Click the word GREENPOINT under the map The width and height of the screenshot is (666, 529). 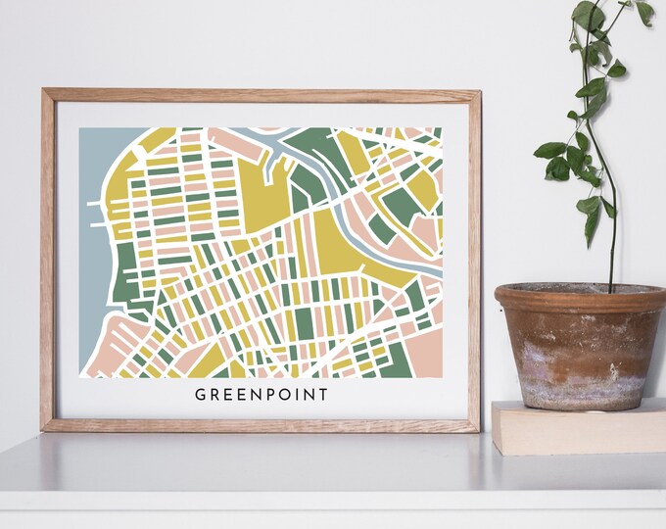(262, 395)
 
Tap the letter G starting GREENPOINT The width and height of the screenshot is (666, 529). (201, 395)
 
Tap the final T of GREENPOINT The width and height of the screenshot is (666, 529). (322, 395)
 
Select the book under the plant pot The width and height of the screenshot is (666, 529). (578, 429)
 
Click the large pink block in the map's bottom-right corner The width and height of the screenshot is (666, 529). (423, 353)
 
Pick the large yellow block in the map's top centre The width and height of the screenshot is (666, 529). (262, 186)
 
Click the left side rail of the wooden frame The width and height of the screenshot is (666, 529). (47, 260)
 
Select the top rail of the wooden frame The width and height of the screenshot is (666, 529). (261, 95)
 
